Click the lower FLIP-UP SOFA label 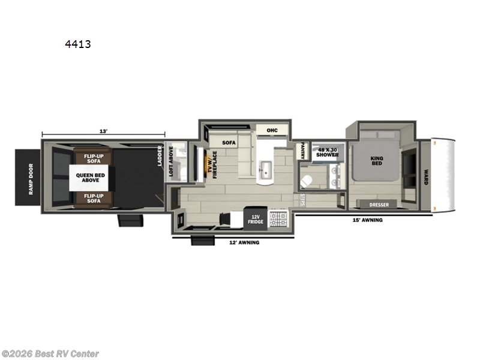coord(92,199)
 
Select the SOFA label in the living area coord(229,143)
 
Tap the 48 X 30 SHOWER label coord(328,152)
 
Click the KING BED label coord(377,162)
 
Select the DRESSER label coord(379,205)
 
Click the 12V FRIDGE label coord(257,219)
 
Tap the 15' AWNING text coord(367,220)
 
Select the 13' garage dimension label coord(104,131)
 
